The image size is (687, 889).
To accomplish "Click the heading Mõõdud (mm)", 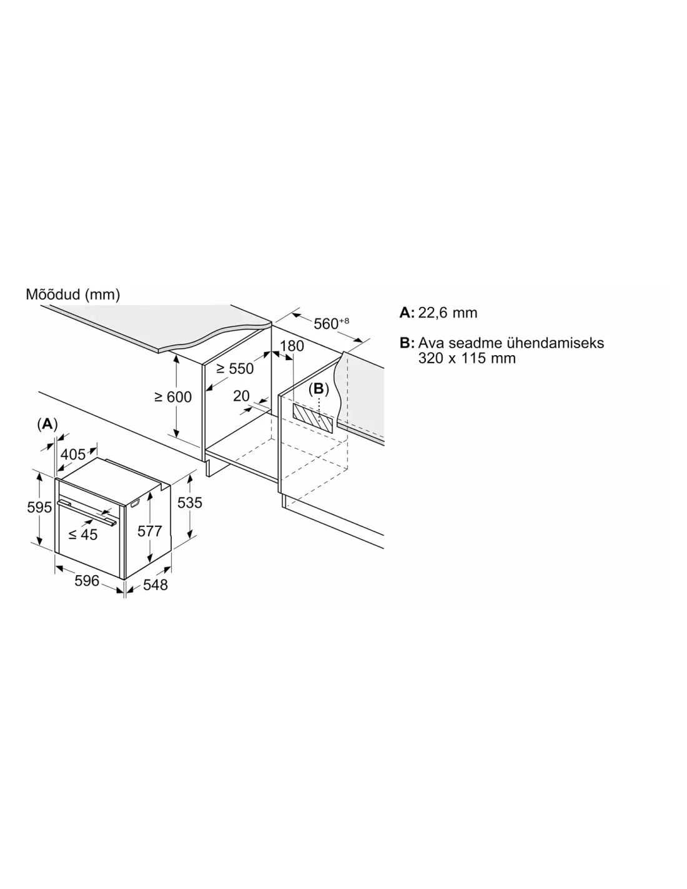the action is pos(72,294).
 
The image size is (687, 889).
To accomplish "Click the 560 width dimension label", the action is pos(331,323).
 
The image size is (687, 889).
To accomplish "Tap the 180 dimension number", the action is pos(292,346).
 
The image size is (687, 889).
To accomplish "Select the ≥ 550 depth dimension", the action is pos(235,369).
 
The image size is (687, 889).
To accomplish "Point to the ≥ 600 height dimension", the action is pos(173,397).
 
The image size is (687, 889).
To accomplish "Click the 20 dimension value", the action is pos(241,396).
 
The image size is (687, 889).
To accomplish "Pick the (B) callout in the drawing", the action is pos(319,389).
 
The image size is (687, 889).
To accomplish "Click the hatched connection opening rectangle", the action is pos(313,417).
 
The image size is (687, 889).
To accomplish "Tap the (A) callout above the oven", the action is pos(47,424).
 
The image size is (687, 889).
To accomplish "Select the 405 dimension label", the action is pos(73,454).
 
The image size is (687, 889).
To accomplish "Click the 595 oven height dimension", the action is pos(39,507).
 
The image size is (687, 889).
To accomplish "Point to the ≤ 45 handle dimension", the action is pos(83,535).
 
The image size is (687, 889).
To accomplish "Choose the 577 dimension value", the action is pos(150,531).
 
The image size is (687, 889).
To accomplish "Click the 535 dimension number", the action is pos(190,503).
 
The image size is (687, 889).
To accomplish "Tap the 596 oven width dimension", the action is pos(87,581).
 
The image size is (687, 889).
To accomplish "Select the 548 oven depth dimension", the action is pos(156,585).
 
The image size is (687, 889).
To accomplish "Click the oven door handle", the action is pos(87,512).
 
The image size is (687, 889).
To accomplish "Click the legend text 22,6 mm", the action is pos(448,313).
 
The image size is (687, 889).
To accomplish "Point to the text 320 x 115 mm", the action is pos(467,358).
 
